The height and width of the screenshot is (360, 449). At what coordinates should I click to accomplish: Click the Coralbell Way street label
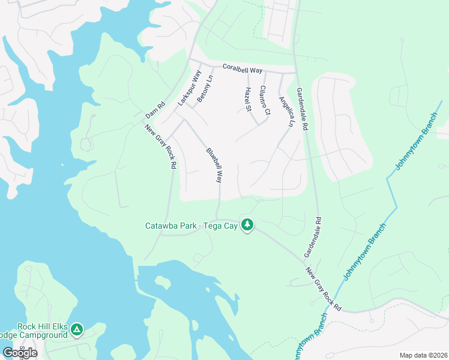click(x=243, y=70)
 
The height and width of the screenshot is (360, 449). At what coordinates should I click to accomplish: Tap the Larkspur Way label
click(x=188, y=88)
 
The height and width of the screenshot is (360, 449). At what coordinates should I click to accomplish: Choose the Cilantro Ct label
click(x=264, y=100)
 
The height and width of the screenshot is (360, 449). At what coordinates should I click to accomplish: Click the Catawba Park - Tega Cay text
click(x=191, y=226)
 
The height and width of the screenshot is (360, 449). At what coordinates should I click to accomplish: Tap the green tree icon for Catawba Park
click(x=247, y=225)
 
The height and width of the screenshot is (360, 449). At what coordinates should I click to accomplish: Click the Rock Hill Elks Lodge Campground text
click(x=42, y=331)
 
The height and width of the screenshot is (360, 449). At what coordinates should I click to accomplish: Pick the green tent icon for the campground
click(x=77, y=329)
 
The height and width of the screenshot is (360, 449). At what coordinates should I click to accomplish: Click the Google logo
click(x=20, y=352)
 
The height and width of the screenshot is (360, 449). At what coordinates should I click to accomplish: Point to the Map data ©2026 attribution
click(x=423, y=355)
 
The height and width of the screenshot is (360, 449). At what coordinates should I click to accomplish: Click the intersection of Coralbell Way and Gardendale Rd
click(x=296, y=73)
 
